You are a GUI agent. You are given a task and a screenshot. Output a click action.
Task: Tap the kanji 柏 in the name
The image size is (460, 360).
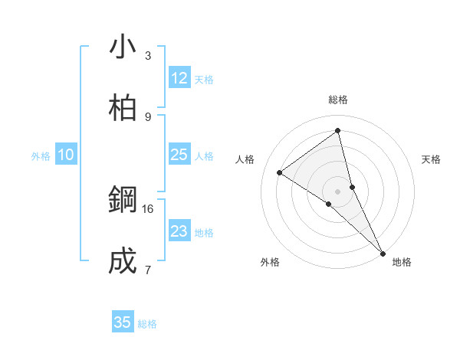123,109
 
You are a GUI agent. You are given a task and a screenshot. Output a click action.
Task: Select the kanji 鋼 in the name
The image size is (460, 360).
123,201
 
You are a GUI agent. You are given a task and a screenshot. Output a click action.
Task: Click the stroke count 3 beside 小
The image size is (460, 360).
148,56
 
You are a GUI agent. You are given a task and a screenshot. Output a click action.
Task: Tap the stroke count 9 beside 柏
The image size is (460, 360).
148,117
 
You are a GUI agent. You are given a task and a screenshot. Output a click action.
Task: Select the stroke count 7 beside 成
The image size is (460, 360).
148,270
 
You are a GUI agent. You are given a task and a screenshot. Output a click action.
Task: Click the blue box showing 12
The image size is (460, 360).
179,78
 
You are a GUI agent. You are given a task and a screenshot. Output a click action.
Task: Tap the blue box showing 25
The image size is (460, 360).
179,155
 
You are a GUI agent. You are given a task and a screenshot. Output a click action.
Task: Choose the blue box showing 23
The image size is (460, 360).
179,231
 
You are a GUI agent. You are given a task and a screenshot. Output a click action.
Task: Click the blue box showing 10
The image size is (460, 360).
66,155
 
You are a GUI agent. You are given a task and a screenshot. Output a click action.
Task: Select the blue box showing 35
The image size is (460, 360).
123,322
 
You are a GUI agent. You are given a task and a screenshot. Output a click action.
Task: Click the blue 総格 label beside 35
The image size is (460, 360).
147,324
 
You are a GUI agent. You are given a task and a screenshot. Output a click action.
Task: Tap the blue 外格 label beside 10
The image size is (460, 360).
41,156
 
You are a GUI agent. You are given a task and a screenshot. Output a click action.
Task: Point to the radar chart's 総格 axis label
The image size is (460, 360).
337,100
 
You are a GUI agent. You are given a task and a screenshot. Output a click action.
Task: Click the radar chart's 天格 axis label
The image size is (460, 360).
431,159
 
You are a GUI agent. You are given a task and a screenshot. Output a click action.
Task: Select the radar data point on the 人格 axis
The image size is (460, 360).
279,172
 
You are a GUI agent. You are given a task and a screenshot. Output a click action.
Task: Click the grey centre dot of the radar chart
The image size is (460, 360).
337,191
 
